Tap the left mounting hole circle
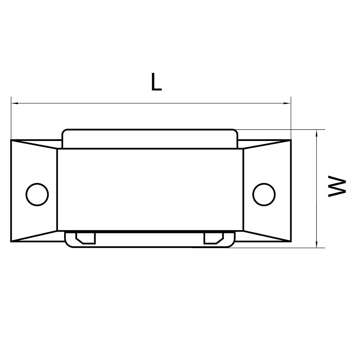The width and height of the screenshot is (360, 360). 37,194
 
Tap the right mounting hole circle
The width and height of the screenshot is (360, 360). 264,194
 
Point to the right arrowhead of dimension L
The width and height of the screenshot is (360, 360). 287,103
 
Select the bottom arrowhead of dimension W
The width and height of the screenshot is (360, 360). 316,244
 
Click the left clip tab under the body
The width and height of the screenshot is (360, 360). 86,238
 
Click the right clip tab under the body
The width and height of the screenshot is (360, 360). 214,238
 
